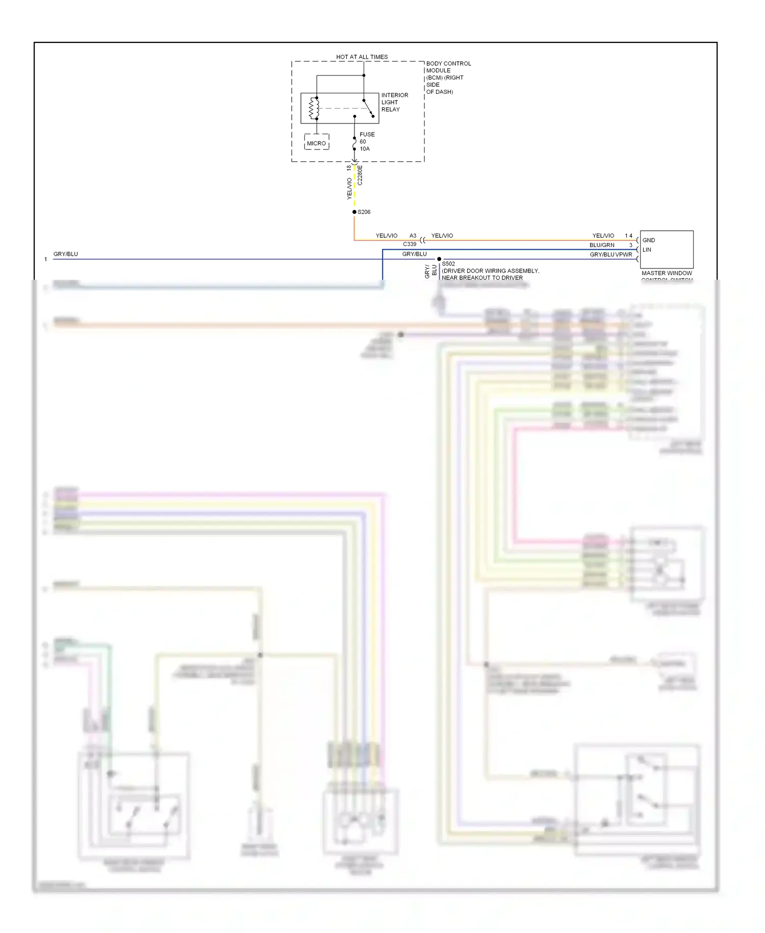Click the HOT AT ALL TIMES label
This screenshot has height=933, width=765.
pyautogui.click(x=362, y=57)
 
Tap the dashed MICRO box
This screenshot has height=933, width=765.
pyautogui.click(x=316, y=142)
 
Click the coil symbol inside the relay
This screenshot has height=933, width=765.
pyautogui.click(x=314, y=108)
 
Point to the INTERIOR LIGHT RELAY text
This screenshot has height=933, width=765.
pyautogui.click(x=394, y=102)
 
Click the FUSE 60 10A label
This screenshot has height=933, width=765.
pyautogui.click(x=367, y=141)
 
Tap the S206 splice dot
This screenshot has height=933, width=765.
pyautogui.click(x=354, y=212)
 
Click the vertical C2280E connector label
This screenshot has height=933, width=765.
pyautogui.click(x=360, y=175)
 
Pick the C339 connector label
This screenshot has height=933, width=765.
pyautogui.click(x=410, y=244)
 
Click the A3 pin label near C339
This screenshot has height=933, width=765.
pyautogui.click(x=413, y=236)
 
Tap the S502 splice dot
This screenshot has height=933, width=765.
pyautogui.click(x=439, y=259)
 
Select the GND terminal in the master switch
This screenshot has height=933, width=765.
pyautogui.click(x=649, y=240)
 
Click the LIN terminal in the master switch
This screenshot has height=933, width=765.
pyautogui.click(x=647, y=250)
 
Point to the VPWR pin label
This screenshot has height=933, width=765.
pyautogui.click(x=624, y=255)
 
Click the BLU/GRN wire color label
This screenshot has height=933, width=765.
pyautogui.click(x=602, y=245)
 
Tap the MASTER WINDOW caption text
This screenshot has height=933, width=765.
pyautogui.click(x=667, y=274)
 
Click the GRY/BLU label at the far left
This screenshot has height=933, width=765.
pyautogui.click(x=66, y=254)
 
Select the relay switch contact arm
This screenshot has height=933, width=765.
pyautogui.click(x=368, y=108)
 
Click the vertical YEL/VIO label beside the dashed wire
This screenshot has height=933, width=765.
pyautogui.click(x=349, y=188)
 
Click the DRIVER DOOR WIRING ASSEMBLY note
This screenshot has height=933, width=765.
pyautogui.click(x=490, y=271)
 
